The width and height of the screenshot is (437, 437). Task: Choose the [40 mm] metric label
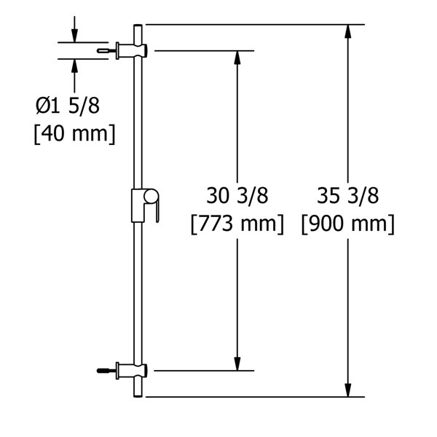(74, 135)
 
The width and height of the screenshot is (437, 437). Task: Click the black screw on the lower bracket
(103, 371)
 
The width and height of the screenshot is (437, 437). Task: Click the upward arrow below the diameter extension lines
(74, 66)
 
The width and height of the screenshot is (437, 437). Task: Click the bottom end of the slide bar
(138, 394)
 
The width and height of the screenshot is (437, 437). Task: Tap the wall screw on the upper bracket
(106, 50)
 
